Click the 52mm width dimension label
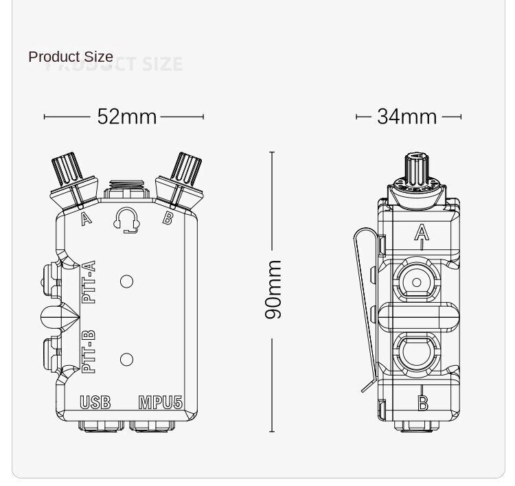[x=126, y=117]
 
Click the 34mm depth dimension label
[x=407, y=117]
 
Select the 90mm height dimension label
[x=273, y=289]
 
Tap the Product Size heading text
[x=71, y=56]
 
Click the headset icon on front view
[x=126, y=219]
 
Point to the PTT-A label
[x=89, y=282]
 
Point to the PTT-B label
[x=89, y=352]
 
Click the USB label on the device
[x=95, y=402]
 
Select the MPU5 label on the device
[x=160, y=402]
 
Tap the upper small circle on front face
[x=126, y=281]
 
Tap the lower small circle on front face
[x=126, y=359]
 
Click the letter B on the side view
[x=423, y=404]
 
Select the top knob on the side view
[x=416, y=168]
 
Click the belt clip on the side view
[x=365, y=309]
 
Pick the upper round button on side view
[x=416, y=282]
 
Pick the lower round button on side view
[x=416, y=353]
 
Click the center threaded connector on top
[x=126, y=188]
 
